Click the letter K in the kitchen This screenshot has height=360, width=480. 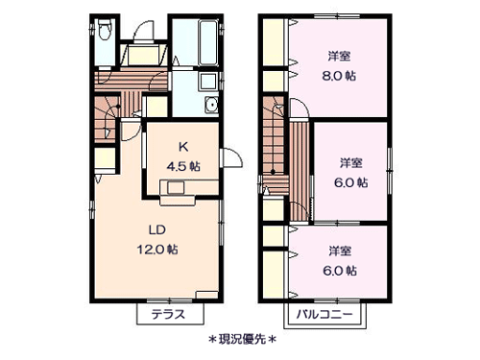(181, 147)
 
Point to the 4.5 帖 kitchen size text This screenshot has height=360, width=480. (181, 164)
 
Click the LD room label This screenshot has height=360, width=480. (156, 230)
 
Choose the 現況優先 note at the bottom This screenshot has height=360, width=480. (240, 339)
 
